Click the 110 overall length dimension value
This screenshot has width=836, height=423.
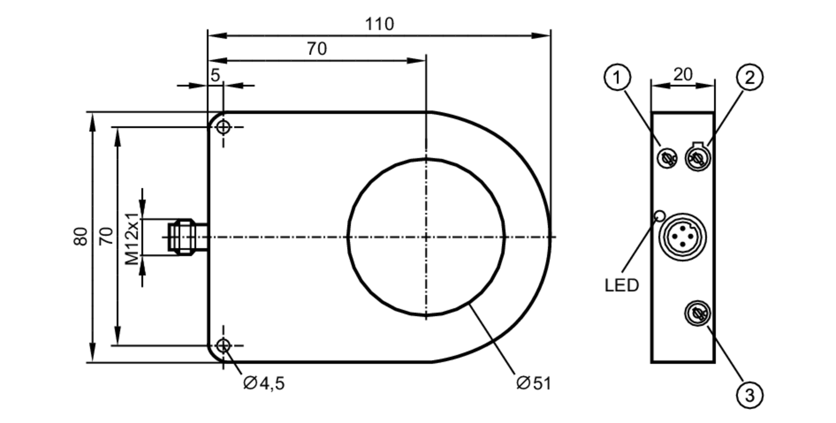[379, 24]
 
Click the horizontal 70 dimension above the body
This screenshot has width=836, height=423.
[316, 49]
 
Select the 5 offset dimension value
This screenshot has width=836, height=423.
[215, 76]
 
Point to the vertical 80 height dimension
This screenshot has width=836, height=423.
[81, 236]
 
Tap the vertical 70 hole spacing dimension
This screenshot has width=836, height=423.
[106, 236]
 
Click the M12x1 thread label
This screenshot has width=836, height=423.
[132, 239]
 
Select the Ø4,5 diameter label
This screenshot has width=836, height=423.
[264, 383]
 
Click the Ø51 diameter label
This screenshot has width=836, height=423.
[534, 383]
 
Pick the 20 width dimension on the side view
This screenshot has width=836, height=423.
[683, 75]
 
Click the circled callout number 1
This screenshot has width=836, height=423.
[617, 77]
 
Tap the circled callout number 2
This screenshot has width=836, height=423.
[749, 77]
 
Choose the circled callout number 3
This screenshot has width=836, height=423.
[749, 395]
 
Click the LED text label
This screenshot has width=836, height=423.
[622, 286]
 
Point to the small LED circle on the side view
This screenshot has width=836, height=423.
[660, 215]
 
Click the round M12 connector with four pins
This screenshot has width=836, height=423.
[682, 237]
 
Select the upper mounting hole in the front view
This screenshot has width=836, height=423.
[223, 127]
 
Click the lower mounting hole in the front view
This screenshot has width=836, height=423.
[223, 346]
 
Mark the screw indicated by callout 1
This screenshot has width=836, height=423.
[667, 158]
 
